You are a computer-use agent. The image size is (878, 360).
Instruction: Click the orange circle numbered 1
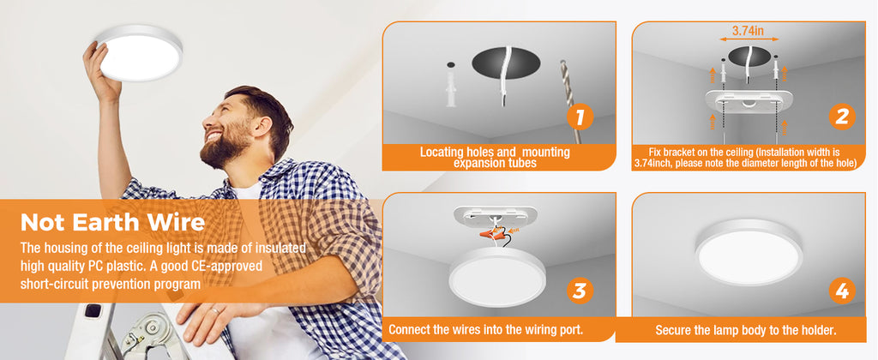pos(580,117)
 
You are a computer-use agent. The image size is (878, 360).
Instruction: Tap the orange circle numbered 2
pos(842,117)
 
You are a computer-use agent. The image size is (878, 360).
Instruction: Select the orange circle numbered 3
pos(580,291)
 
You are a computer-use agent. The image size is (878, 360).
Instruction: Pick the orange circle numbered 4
pos(842,291)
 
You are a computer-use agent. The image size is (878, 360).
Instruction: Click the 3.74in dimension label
pos(749,32)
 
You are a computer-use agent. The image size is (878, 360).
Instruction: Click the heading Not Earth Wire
pos(112,223)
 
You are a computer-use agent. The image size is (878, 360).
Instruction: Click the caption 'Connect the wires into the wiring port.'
pos(485,329)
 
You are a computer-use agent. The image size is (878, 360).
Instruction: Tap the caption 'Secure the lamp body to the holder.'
pos(746,330)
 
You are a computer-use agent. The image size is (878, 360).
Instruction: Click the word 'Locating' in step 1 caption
pos(442,152)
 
